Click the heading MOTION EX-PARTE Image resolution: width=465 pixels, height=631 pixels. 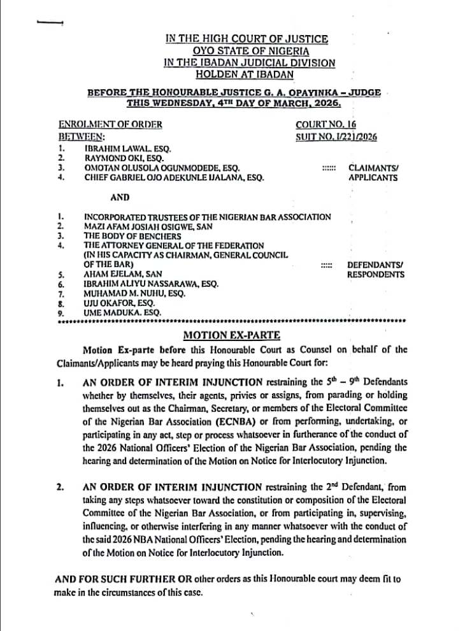pyautogui.click(x=231, y=334)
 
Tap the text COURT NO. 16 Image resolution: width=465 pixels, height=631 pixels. pyautogui.click(x=326, y=125)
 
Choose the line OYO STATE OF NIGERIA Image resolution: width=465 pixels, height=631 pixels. pyautogui.click(x=247, y=50)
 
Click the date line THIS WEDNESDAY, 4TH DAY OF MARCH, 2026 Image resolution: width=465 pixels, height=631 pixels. pyautogui.click(x=234, y=103)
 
